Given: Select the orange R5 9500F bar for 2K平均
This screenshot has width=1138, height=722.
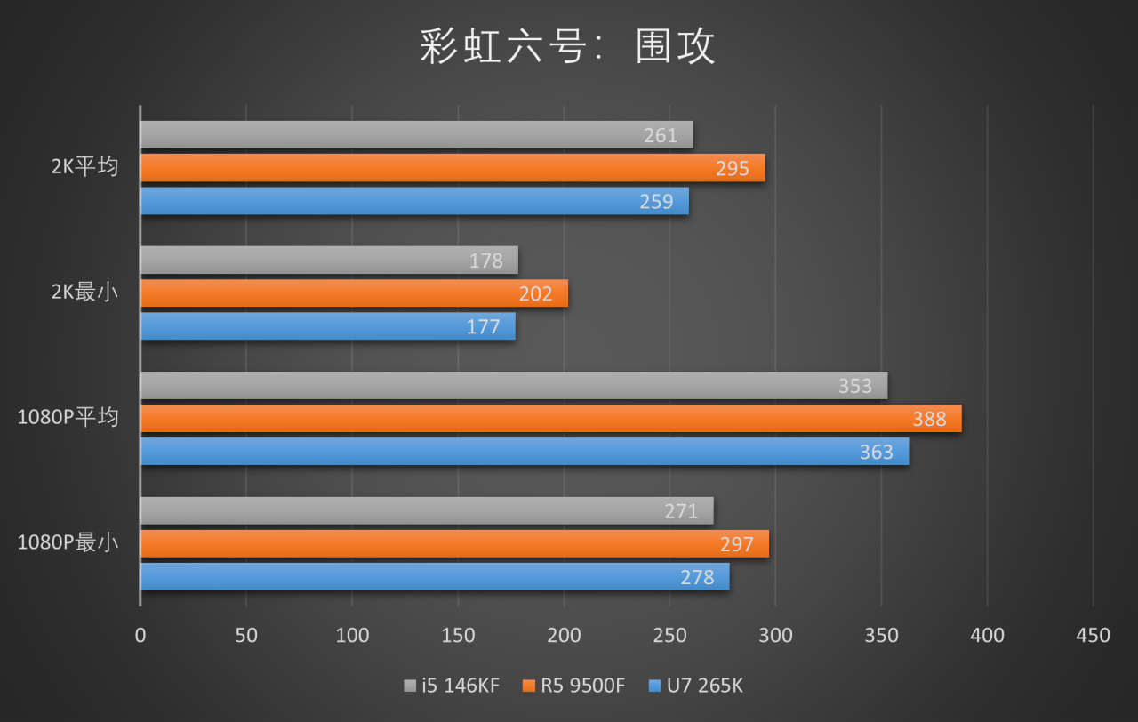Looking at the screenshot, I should [453, 168].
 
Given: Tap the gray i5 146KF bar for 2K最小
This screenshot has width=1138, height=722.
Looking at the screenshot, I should [329, 261].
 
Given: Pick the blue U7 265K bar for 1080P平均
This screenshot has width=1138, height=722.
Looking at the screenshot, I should [525, 452].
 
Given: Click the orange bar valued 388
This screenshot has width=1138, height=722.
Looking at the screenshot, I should [550, 419].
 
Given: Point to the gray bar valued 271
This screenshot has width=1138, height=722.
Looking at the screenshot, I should [427, 511].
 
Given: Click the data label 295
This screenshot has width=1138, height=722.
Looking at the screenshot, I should [733, 168].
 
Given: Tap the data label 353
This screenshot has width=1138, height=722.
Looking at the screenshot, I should [855, 386].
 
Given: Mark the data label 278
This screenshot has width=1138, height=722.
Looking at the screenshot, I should [697, 577].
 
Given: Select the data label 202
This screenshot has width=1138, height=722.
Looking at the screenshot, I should [535, 293].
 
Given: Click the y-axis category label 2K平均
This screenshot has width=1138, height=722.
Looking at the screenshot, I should [84, 167].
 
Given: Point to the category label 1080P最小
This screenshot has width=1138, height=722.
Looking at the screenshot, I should [68, 542].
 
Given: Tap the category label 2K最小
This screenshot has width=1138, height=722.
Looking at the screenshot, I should [84, 293].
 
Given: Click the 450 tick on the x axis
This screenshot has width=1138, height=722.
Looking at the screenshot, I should [1093, 635].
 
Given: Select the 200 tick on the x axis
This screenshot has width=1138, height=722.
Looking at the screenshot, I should [564, 635].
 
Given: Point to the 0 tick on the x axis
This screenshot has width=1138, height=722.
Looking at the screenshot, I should [140, 635].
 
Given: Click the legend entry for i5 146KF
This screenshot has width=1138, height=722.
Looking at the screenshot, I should [452, 686].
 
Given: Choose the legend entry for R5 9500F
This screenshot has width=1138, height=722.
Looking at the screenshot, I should [574, 686].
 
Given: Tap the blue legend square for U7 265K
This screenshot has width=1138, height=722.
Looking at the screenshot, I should [656, 686].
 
